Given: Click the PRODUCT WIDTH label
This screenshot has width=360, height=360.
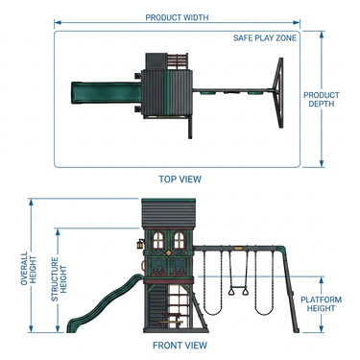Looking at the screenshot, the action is click(177, 17).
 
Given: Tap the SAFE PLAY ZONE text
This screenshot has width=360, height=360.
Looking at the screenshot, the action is click(265, 38).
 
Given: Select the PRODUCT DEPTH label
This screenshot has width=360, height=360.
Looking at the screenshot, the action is click(322, 99).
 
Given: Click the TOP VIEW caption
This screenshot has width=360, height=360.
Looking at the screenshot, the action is click(180, 179).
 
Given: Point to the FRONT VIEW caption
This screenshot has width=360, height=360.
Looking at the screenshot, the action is click(180, 346).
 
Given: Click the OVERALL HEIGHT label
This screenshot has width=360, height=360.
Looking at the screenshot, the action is click(29, 268).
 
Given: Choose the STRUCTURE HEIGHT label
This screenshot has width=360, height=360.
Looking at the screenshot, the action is click(60, 279).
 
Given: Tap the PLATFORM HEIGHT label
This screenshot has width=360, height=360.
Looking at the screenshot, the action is click(321, 304).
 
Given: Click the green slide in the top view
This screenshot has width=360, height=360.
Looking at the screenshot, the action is click(106, 93).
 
